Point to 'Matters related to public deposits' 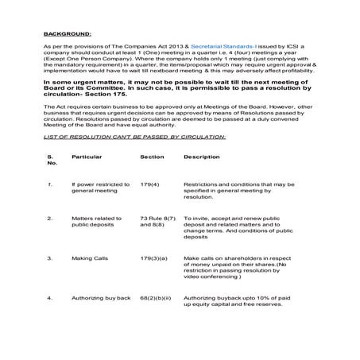[96, 221]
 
